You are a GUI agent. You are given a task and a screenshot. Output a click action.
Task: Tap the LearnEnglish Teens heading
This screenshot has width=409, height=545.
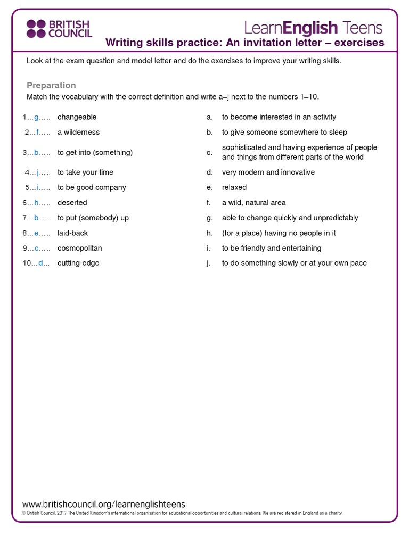pos(313,27)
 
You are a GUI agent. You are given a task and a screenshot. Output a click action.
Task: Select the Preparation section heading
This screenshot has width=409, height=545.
pos(51,85)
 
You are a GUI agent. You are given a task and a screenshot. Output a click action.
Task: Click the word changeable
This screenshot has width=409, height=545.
pos(77,117)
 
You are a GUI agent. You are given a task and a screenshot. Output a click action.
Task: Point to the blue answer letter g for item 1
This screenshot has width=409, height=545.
pos(36,117)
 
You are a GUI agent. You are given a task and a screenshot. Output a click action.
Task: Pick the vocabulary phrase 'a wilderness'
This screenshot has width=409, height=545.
pos(78,132)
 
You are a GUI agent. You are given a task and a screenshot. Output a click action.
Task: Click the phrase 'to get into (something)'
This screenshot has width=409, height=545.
pos(95,152)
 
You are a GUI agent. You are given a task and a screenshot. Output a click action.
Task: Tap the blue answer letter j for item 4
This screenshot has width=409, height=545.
pos(38,172)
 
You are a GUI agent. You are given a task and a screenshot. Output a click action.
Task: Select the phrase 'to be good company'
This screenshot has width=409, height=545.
pos(92,187)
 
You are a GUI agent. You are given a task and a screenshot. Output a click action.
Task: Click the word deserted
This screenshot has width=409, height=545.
pos(72,203)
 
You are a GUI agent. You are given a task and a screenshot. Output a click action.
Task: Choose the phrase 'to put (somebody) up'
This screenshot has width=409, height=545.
pos(93,218)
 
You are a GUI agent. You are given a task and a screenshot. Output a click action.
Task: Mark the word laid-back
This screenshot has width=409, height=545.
pos(72,233)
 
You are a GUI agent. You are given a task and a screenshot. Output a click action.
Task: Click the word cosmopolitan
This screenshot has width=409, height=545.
pos(79,248)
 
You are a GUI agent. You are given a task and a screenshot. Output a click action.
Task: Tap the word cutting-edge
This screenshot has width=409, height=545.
pos(78,263)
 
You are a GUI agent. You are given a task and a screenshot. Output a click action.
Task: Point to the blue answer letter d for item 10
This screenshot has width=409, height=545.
pos(40,263)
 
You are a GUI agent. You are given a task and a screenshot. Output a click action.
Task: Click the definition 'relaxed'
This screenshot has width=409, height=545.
pos(234,187)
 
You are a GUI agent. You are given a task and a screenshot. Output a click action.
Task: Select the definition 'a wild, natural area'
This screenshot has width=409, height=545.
pos(253,203)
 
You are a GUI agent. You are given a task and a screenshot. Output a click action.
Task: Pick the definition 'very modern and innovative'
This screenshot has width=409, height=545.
pos(268,172)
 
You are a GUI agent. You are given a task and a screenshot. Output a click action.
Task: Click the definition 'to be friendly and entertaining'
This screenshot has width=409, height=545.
pos(271,248)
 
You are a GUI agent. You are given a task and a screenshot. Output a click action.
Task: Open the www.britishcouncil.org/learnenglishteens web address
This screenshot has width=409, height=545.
pos(104,504)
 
